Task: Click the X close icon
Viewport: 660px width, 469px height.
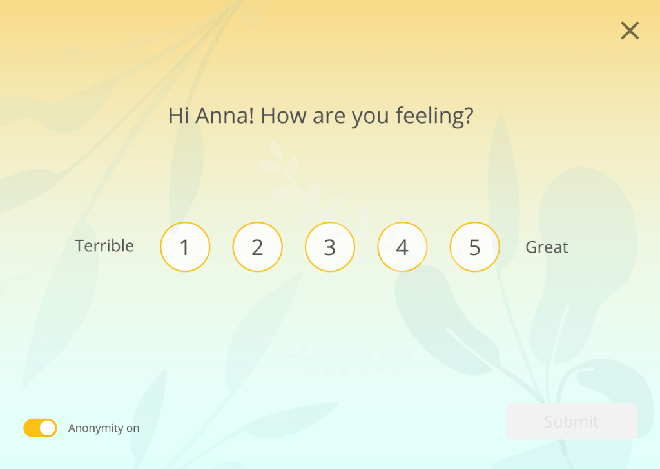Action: [x=630, y=31]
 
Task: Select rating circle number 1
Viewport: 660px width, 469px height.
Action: [x=185, y=247]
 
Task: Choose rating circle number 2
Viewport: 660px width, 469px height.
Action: [x=258, y=247]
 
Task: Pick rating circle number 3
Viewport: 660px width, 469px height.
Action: [x=330, y=247]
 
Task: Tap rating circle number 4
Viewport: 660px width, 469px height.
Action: [x=402, y=247]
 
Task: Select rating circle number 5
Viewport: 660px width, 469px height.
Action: [x=475, y=247]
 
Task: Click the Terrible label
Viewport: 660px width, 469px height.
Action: [x=104, y=245]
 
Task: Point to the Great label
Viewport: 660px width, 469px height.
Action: [x=547, y=247]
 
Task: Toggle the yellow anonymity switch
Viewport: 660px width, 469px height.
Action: [x=41, y=428]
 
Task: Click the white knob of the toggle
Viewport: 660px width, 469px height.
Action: [x=48, y=428]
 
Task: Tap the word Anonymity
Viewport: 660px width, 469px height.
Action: [x=95, y=428]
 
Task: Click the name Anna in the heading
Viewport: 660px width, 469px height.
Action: [x=225, y=115]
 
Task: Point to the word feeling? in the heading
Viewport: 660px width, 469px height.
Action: [x=434, y=116]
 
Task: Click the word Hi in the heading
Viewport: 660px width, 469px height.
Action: [x=179, y=115]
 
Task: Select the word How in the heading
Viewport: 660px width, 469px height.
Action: [x=284, y=115]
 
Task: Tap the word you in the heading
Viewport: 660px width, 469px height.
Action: [x=370, y=118]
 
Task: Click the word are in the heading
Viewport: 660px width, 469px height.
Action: [x=329, y=117]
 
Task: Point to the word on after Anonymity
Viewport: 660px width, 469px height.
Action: [x=133, y=428]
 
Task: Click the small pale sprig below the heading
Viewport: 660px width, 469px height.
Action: [x=291, y=173]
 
